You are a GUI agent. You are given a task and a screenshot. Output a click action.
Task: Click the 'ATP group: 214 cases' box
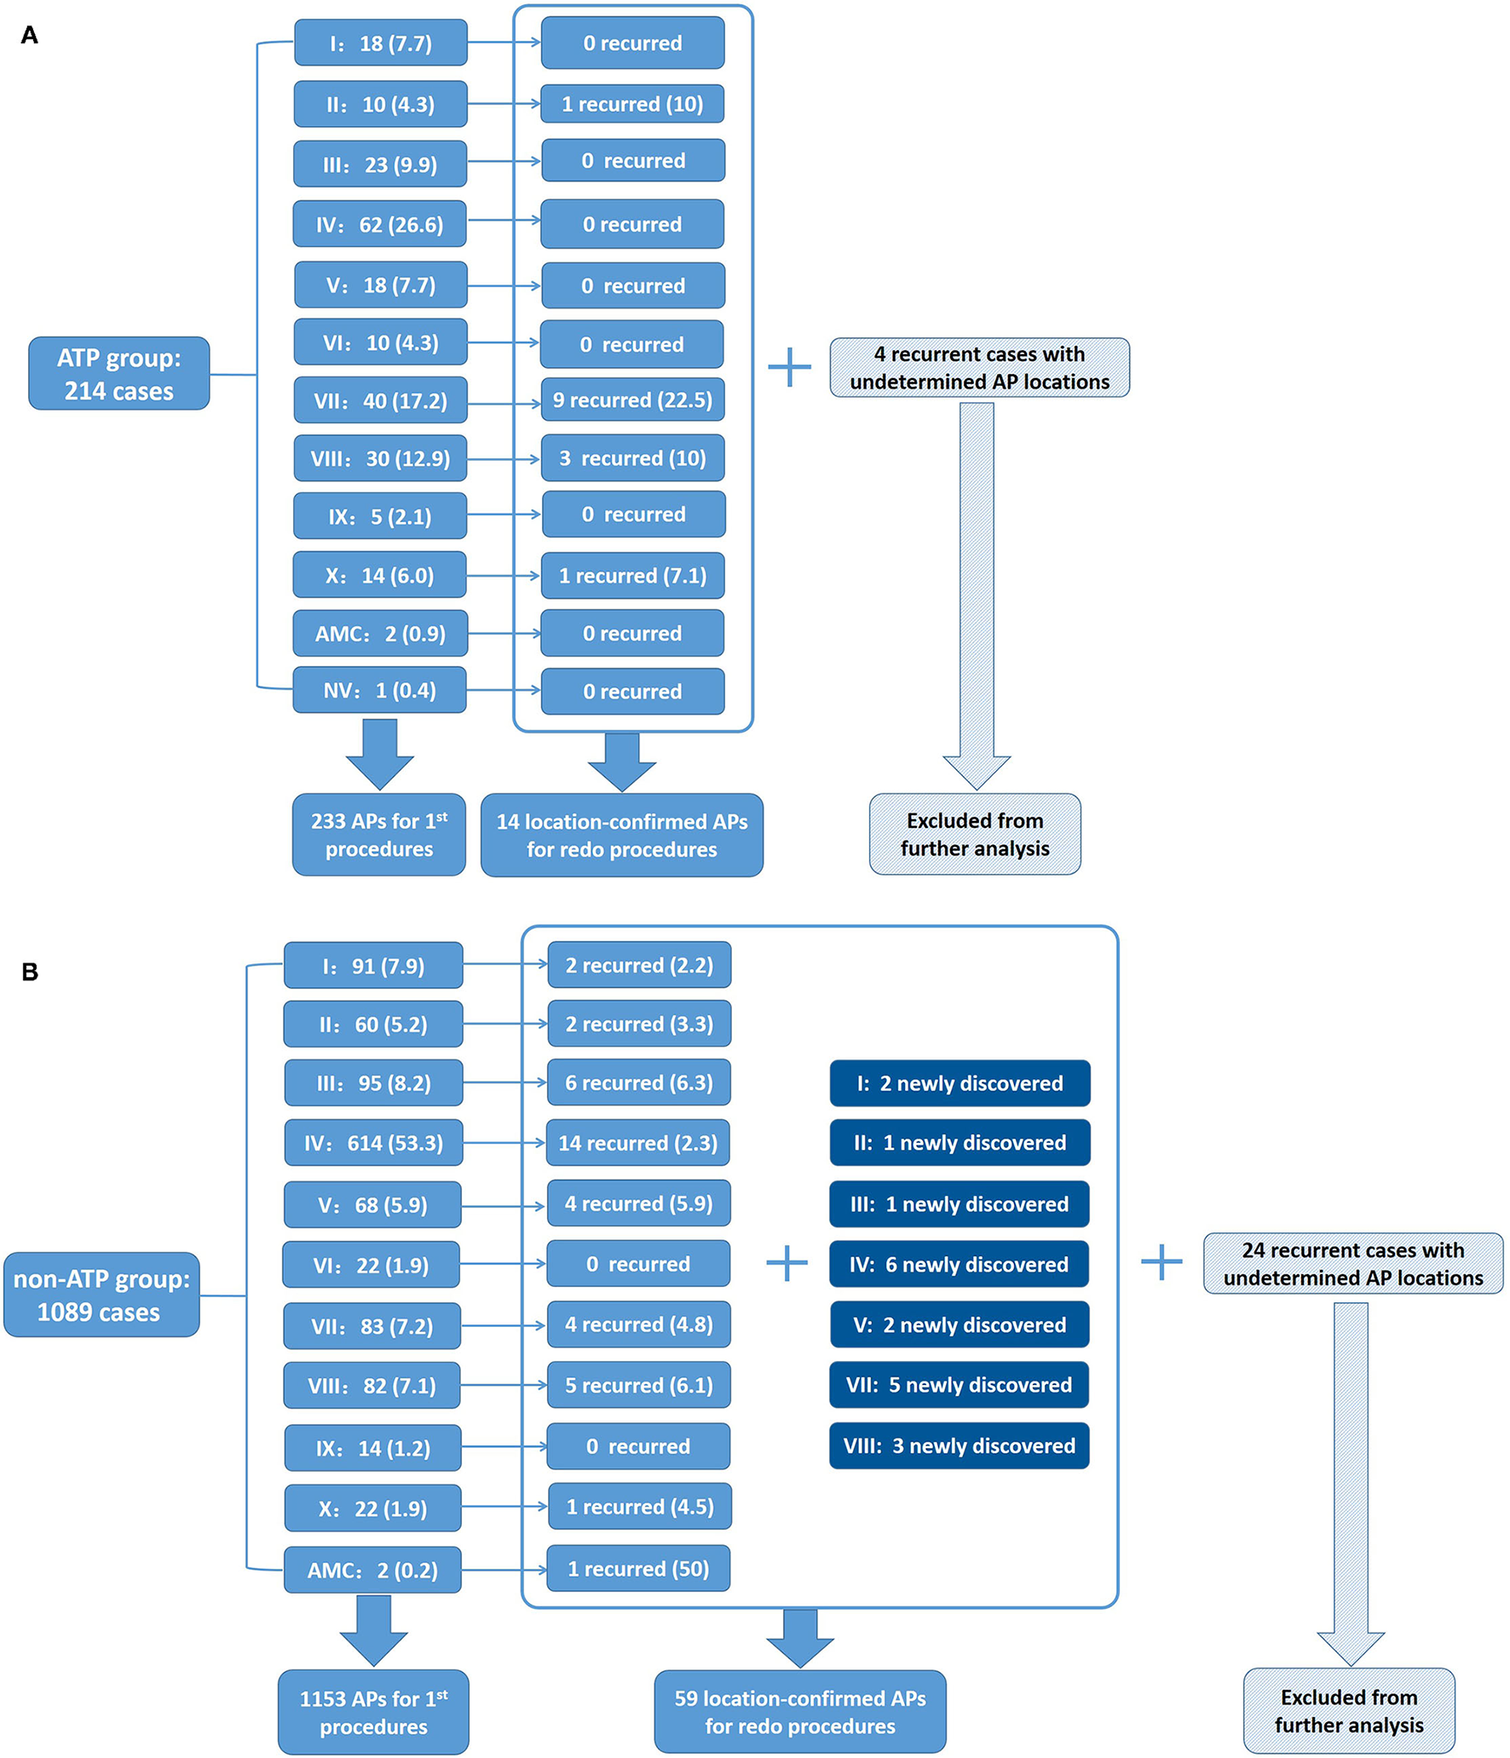click(118, 373)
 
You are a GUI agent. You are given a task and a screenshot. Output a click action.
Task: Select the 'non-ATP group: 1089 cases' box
click(101, 1294)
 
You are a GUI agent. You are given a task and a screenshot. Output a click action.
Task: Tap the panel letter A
click(29, 35)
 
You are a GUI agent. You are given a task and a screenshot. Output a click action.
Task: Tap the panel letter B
click(30, 972)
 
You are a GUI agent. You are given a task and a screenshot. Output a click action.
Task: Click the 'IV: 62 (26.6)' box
click(379, 224)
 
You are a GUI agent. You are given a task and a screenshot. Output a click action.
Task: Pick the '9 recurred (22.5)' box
click(632, 399)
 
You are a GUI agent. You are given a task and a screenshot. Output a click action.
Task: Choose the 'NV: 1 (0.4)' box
click(379, 690)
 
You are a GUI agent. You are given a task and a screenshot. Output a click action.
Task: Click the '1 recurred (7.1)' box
click(632, 575)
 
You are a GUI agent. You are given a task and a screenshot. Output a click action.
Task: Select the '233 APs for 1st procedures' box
click(379, 835)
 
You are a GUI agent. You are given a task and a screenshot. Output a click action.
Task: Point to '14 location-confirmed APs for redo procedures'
click(621, 835)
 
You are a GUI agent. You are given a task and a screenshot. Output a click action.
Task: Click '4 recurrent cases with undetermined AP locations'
click(979, 367)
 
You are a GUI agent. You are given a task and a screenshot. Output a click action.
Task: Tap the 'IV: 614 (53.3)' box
click(373, 1142)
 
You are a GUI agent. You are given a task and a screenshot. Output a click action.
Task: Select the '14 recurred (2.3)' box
click(637, 1142)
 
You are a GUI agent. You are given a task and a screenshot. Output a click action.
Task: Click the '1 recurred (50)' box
click(637, 1568)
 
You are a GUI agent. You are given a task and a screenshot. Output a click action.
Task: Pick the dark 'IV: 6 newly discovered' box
click(959, 1264)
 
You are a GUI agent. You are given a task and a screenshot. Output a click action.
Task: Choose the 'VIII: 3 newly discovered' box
click(959, 1445)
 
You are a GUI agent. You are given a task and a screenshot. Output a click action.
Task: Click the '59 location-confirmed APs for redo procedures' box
click(799, 1711)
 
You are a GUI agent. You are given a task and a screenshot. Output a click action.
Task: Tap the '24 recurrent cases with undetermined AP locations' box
click(1352, 1263)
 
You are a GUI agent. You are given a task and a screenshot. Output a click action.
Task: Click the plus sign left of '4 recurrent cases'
click(789, 367)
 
